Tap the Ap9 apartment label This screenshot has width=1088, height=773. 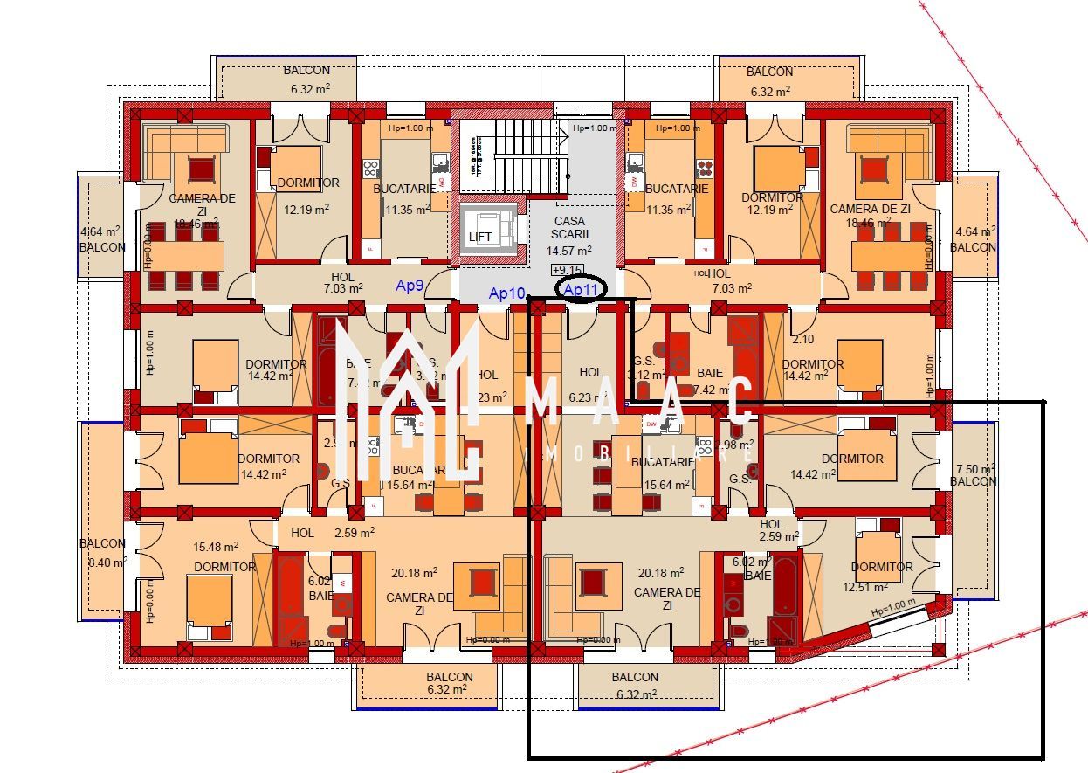[x=410, y=285]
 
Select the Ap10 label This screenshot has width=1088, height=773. [x=506, y=293]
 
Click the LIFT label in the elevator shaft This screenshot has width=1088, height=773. [x=479, y=237]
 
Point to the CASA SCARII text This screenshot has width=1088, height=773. [x=569, y=228]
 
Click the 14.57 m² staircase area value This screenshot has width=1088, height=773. [x=569, y=251]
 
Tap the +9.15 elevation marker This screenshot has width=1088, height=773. [x=568, y=270]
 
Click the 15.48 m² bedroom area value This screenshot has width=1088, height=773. [x=217, y=548]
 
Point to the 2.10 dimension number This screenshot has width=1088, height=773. [x=803, y=339]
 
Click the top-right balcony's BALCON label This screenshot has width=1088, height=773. [x=769, y=72]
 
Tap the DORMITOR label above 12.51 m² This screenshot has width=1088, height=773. [x=882, y=567]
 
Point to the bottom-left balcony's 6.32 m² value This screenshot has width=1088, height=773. [x=450, y=689]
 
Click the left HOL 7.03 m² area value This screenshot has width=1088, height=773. [x=343, y=288]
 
